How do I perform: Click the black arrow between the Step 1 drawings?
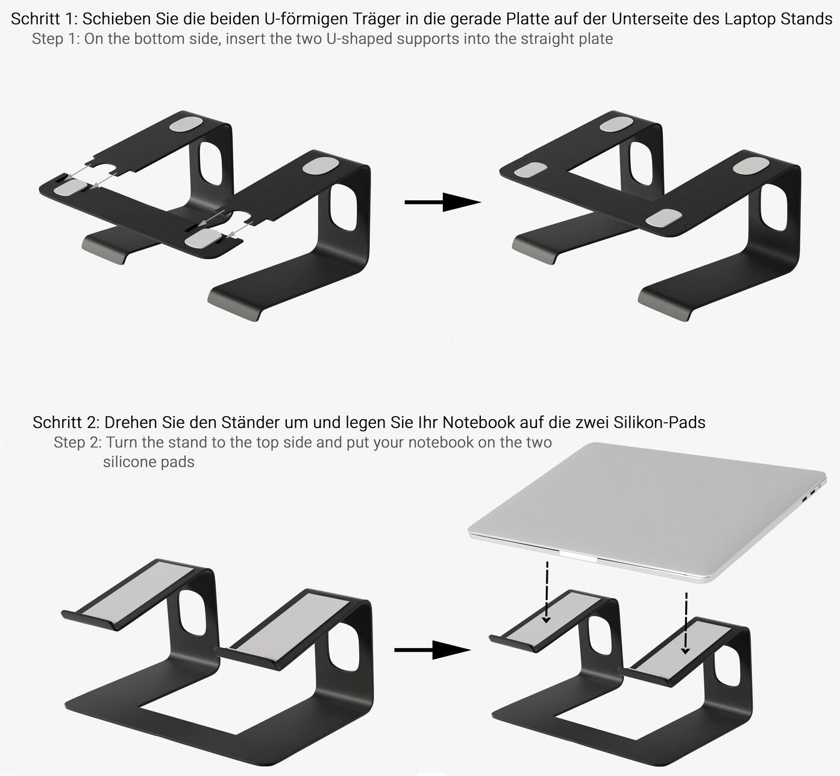pos(442,202)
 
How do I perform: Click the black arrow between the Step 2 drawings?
pos(432,649)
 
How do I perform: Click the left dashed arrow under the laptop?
pos(547,592)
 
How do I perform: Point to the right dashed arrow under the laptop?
pos(686,623)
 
